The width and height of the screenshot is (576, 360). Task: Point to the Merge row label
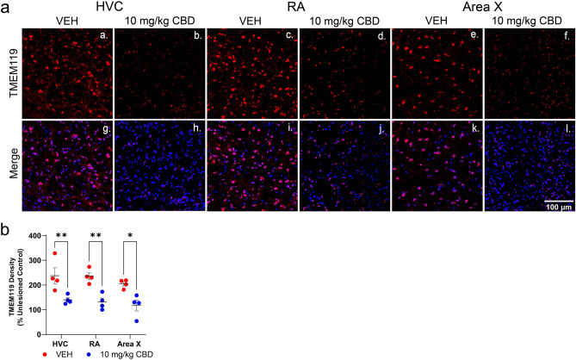click(9, 170)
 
